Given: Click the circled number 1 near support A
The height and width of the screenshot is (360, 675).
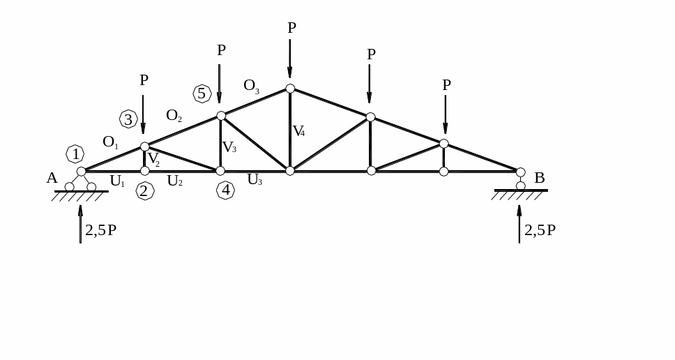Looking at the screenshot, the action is (x=75, y=154).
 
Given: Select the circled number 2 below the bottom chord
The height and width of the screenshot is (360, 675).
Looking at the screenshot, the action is (x=144, y=191).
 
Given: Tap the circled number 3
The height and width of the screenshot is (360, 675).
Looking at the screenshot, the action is (x=128, y=119).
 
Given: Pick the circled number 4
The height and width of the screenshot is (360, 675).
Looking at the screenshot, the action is (x=225, y=190).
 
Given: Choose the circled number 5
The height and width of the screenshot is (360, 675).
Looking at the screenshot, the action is (x=202, y=93).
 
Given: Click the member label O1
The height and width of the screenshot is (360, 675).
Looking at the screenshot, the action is (x=110, y=142).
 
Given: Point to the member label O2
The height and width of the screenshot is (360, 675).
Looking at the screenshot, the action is (x=174, y=116).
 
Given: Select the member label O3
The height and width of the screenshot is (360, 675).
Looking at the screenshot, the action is (x=251, y=86).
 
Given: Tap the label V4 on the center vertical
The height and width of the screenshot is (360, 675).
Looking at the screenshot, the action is (x=298, y=131).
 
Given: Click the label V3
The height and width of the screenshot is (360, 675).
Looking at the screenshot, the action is (x=229, y=148).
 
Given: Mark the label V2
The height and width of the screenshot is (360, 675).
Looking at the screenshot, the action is (x=153, y=160).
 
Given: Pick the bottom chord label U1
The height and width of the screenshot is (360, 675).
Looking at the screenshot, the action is (x=116, y=181).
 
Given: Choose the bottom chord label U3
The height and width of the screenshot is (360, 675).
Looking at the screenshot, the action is (x=255, y=180).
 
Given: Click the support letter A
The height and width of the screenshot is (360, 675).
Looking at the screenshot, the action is (x=52, y=179).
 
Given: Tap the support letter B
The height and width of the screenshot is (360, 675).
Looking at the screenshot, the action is (x=539, y=179).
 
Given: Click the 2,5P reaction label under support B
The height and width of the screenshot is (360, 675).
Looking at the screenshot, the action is (x=540, y=231).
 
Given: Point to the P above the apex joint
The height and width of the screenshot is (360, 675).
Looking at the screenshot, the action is (x=291, y=29).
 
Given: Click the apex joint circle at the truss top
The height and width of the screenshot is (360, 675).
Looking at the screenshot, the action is (x=290, y=89).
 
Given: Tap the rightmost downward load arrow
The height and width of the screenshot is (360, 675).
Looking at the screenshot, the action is (x=445, y=114).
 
